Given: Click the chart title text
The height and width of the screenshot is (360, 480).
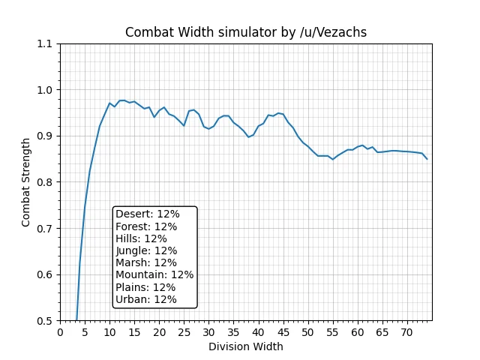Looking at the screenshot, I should coord(245,32).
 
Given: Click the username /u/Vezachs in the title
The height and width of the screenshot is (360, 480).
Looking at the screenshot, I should coord(332,32).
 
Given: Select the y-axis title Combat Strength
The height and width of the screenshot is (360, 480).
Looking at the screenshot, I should coord(26,181).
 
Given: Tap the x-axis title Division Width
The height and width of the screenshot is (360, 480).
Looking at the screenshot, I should coord(245,346).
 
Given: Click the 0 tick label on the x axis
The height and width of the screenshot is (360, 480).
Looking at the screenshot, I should coord(60,332).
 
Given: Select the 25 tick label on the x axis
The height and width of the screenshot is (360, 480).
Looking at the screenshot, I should coord(184,332).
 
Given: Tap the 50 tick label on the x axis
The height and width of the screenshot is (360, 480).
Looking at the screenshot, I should coord(307,332).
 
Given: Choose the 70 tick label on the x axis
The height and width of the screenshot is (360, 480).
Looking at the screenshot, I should coord(406,332).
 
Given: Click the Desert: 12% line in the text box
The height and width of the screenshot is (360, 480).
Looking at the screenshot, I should coord(148,214).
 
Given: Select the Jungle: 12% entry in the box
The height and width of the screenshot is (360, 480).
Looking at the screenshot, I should coord(146,250).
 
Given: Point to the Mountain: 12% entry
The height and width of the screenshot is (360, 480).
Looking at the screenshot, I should coord(154,274).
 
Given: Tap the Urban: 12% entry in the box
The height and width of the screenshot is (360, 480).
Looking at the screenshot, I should coord(146,299).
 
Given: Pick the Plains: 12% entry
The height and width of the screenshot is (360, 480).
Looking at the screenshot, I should coord(145,287).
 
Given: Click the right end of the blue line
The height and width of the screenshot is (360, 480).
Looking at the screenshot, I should coord(427,159).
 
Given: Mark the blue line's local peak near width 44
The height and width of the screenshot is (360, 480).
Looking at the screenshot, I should coord(278,113).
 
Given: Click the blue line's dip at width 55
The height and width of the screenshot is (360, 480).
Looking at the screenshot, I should coord(333,159).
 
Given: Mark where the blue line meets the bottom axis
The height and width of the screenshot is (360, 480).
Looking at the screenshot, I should coord(76,320).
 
